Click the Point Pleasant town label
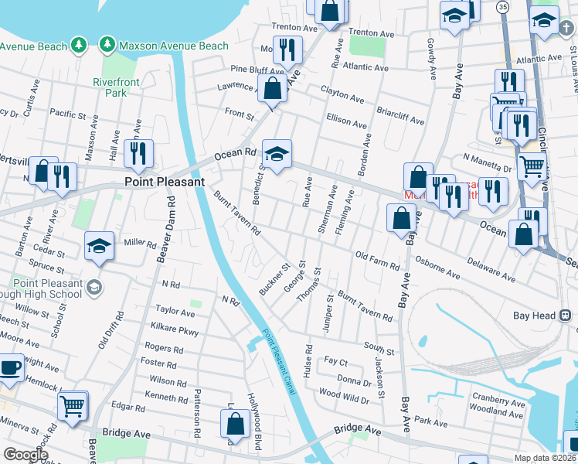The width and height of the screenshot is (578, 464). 165,182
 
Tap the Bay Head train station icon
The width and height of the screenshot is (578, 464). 566,315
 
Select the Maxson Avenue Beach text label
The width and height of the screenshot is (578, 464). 173,46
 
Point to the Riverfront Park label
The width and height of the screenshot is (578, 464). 115,87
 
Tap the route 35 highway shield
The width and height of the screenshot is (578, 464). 502,6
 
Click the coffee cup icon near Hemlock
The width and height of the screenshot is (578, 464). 11,368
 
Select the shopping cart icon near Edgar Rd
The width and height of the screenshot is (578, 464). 72,404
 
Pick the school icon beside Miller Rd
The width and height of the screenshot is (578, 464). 99,245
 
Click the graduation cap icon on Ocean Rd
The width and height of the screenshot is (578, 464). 276,152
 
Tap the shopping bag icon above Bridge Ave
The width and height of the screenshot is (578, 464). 235,423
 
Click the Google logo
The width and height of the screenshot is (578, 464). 25,454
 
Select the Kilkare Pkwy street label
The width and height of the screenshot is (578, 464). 177,331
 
